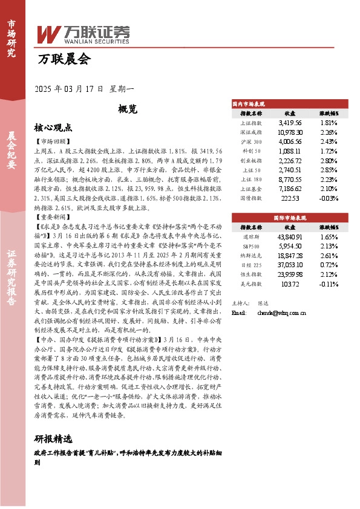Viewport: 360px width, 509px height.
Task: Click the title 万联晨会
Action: [x=64, y=60]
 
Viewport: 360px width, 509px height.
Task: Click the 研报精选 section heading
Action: [x=53, y=439]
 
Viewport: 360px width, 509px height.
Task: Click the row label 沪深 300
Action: [x=251, y=141]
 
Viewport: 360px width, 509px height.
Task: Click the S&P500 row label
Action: [x=251, y=247]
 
